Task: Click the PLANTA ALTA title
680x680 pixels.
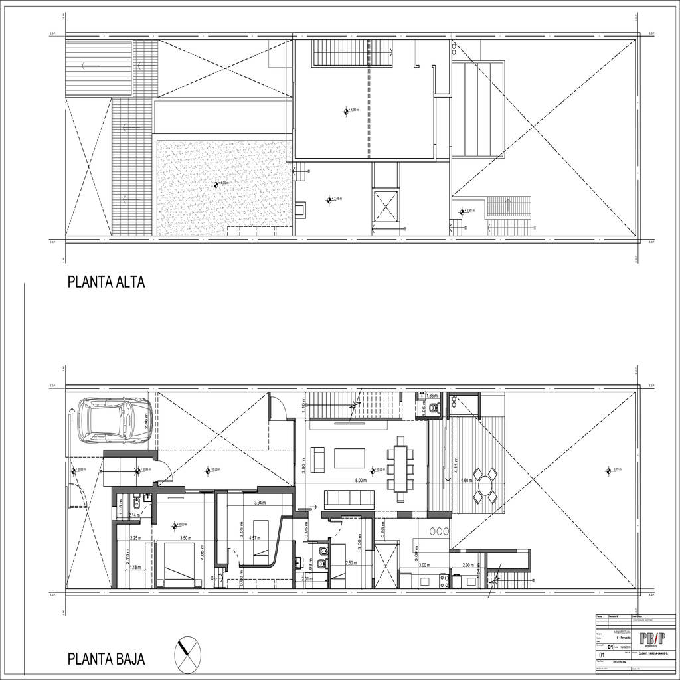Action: coord(106,282)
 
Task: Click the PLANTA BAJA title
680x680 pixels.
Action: coord(106,659)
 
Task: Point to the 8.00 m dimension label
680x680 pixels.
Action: coord(361,481)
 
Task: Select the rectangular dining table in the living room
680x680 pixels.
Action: coord(402,469)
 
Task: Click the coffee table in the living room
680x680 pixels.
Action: coord(349,458)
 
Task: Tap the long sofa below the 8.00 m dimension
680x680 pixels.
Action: coord(349,499)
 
